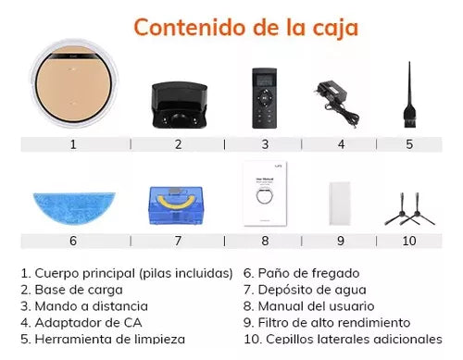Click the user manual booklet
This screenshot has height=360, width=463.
tap(265, 194)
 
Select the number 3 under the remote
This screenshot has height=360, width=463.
tap(265, 143)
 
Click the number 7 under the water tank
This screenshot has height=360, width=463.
tap(179, 241)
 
